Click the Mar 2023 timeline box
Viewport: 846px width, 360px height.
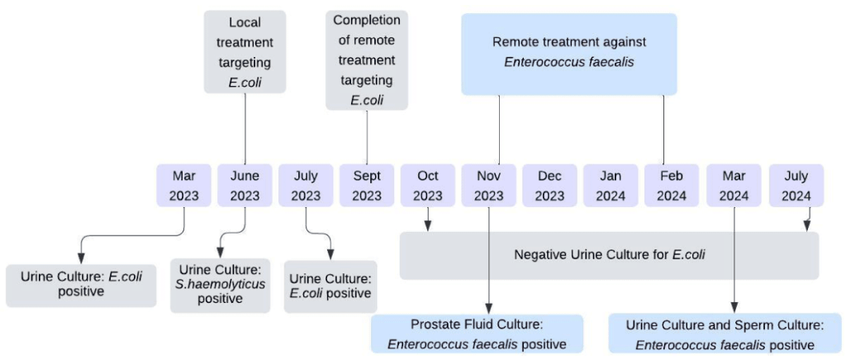[x=184, y=186]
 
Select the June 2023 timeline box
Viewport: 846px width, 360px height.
[x=245, y=186]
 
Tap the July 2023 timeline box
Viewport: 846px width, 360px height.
[x=306, y=186]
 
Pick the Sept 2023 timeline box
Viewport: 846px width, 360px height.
[x=367, y=186]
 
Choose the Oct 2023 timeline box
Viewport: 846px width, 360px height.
[x=428, y=186]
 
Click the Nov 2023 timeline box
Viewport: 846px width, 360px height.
[x=489, y=186]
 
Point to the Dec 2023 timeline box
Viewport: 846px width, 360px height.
[x=549, y=186]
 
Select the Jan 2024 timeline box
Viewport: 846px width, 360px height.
[x=611, y=186]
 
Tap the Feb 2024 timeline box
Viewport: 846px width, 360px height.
[x=672, y=186]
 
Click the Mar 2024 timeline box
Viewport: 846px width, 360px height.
[x=734, y=186]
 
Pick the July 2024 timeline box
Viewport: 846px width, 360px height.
[x=796, y=186]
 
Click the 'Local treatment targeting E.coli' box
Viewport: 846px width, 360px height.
[x=245, y=51]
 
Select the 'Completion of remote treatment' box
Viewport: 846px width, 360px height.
[x=367, y=60]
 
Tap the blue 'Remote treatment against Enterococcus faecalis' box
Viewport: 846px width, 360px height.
[x=569, y=53]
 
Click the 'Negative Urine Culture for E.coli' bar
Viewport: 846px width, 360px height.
[x=610, y=255]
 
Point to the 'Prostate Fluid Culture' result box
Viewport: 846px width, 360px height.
[x=477, y=334]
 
